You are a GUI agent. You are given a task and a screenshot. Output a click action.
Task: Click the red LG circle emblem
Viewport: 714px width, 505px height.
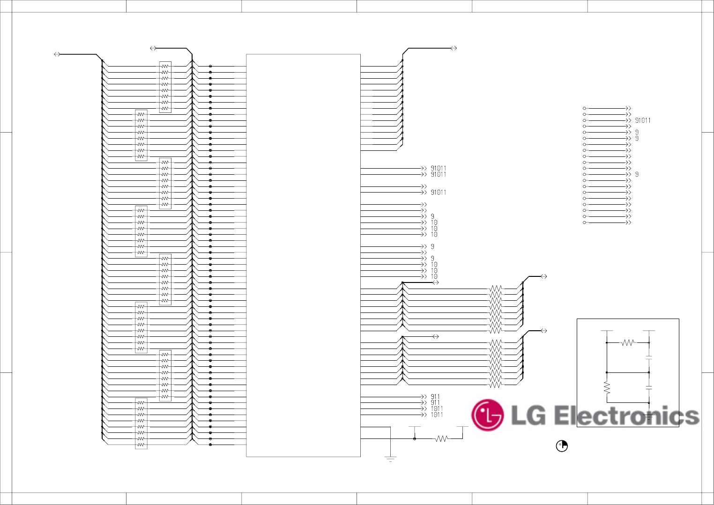pyautogui.click(x=487, y=415)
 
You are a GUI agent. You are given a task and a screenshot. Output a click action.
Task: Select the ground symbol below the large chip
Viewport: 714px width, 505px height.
pyautogui.click(x=390, y=459)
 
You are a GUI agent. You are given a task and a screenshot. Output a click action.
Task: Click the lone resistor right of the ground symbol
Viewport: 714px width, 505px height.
pyautogui.click(x=441, y=439)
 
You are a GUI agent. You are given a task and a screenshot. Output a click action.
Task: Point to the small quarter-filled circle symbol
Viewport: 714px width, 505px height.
pyautogui.click(x=561, y=446)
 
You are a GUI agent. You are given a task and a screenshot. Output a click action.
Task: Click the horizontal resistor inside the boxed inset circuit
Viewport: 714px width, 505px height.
pyautogui.click(x=628, y=343)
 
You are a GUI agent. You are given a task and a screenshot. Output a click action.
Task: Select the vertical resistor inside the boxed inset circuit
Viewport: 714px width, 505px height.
pyautogui.click(x=607, y=387)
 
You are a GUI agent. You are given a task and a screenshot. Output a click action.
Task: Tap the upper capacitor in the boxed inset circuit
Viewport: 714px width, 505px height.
pyautogui.click(x=649, y=358)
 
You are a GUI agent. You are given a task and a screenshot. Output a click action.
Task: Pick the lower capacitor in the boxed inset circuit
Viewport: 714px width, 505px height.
pyautogui.click(x=649, y=387)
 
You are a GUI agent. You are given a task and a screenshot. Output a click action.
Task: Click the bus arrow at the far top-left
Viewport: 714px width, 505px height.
pyautogui.click(x=57, y=54)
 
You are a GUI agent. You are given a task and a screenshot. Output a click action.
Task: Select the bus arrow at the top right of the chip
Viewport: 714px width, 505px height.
pyautogui.click(x=454, y=48)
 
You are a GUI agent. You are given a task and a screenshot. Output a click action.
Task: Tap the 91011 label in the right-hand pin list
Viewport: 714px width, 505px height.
pyautogui.click(x=643, y=120)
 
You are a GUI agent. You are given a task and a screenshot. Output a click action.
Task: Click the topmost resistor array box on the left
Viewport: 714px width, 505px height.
pyautogui.click(x=165, y=87)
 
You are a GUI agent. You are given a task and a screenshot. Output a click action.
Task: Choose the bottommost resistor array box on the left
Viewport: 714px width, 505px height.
pyautogui.click(x=141, y=423)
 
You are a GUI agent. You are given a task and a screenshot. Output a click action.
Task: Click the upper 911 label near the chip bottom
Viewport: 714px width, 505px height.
pyautogui.click(x=435, y=397)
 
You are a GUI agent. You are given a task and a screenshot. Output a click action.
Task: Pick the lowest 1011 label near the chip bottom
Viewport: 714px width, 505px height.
pyautogui.click(x=437, y=415)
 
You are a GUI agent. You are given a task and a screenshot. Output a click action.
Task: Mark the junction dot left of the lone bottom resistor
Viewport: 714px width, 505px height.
pyautogui.click(x=415, y=439)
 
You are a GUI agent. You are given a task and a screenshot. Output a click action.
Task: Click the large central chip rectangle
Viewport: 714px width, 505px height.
pyautogui.click(x=303, y=255)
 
